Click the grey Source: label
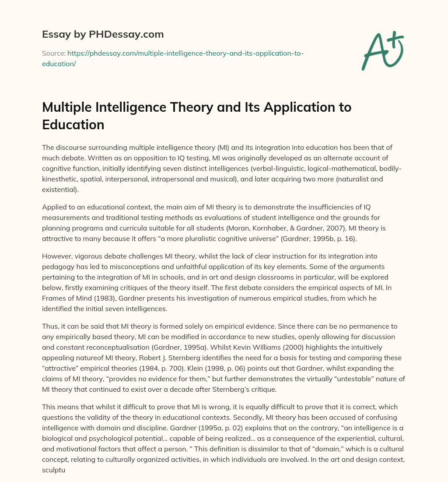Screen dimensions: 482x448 pyautogui.click(x=53, y=53)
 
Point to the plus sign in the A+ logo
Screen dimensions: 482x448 pyautogui.click(x=395, y=40)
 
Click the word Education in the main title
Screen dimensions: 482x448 pyautogui.click(x=73, y=124)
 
